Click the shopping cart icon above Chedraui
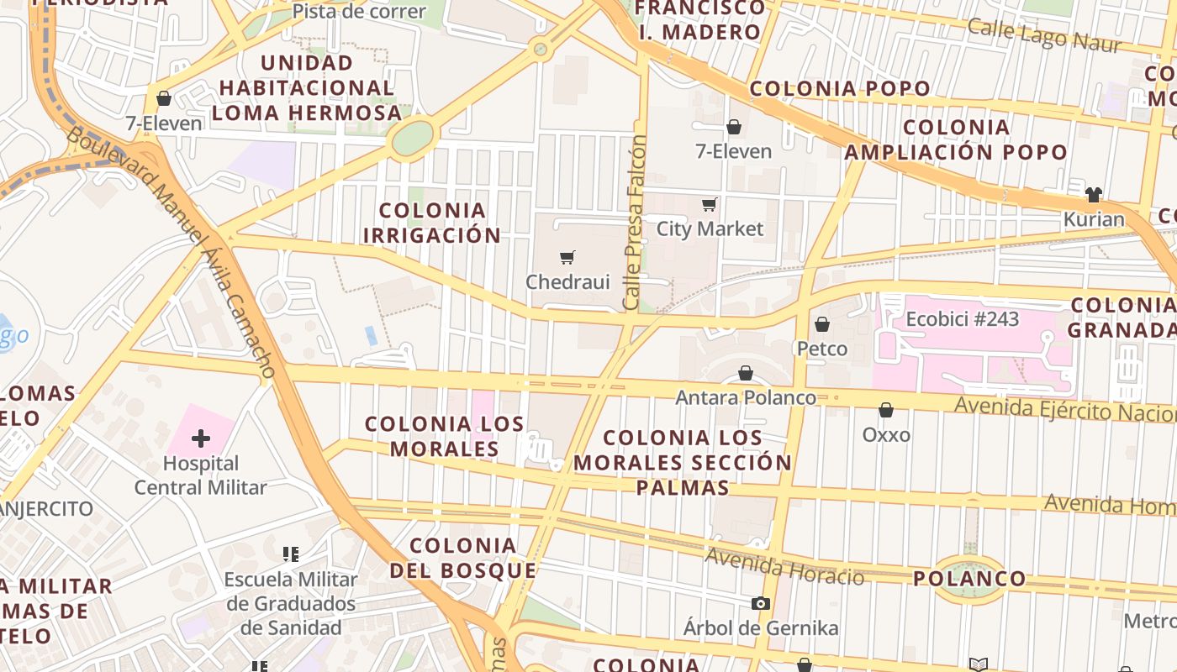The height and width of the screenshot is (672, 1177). pos(568,257)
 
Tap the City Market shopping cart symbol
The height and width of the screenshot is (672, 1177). pos(710,204)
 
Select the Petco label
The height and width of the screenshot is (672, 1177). pos(821,349)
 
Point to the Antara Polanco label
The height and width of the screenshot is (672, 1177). pos(746,397)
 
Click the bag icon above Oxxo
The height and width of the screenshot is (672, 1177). pos(885,410)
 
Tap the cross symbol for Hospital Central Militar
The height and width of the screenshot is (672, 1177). pos(201,438)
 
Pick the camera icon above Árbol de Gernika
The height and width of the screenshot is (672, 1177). pos(760,603)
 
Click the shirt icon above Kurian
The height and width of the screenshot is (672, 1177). pos(1093,195)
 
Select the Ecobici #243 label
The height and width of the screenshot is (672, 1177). pos(962,319)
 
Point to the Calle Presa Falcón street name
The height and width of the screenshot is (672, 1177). pos(636,222)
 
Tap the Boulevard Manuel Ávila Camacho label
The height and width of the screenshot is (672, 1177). pos(172,251)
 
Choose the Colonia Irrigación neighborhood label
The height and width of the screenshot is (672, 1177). pos(431,223)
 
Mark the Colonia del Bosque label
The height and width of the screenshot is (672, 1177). pos(463,559)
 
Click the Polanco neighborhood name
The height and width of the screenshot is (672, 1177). pos(969,578)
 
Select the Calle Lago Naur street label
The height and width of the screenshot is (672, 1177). pos(1043,34)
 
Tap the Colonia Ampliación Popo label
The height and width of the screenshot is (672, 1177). pos(956,139)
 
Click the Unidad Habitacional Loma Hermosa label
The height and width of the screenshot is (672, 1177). pos(307,87)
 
